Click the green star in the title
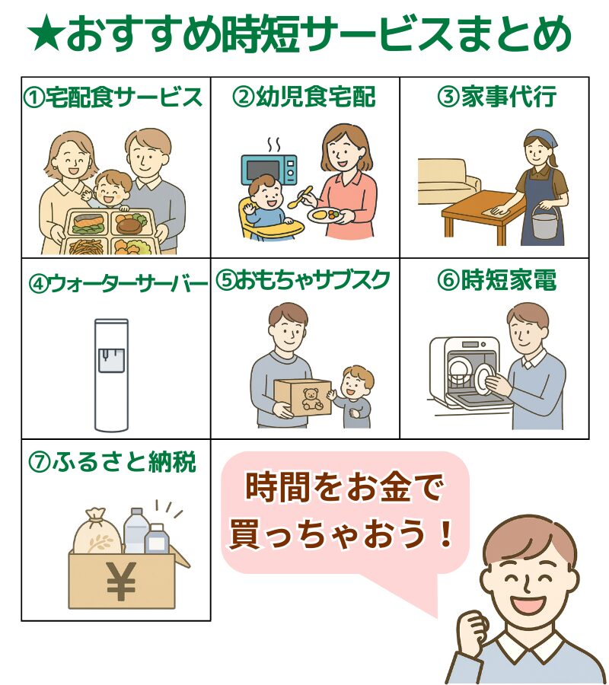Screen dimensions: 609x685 pyautogui.click(x=46, y=33)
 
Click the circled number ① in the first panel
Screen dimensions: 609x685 pyautogui.click(x=33, y=97)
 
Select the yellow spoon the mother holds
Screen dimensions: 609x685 pyautogui.click(x=301, y=197)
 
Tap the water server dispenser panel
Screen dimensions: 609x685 pyautogui.click(x=111, y=360)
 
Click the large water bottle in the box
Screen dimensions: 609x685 pyautogui.click(x=136, y=530)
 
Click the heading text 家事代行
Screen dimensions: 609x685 pyautogui.click(x=509, y=97)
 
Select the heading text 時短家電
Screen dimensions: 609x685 pyautogui.click(x=509, y=280)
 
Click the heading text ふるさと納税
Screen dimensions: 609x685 pyautogui.click(x=124, y=462)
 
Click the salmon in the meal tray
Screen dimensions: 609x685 pyautogui.click(x=88, y=223)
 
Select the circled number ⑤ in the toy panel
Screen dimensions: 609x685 pyautogui.click(x=225, y=280)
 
